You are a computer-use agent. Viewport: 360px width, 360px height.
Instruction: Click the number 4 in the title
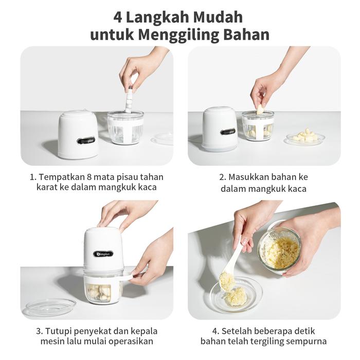(x=118, y=17)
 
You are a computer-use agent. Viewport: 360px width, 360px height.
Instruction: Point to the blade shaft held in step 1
(x=129, y=99)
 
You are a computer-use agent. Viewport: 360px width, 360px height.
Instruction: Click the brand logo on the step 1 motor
(x=86, y=140)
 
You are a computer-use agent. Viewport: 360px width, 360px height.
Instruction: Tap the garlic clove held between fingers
(x=260, y=110)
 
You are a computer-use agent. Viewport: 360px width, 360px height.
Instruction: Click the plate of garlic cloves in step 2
(x=305, y=137)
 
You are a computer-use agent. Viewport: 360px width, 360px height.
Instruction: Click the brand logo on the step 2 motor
(x=228, y=132)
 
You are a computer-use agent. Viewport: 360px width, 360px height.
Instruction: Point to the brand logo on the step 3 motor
(x=103, y=254)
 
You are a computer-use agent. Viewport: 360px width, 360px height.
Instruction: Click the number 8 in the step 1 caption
(x=90, y=177)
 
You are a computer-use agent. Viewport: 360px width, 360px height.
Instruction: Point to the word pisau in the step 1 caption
(x=127, y=177)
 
